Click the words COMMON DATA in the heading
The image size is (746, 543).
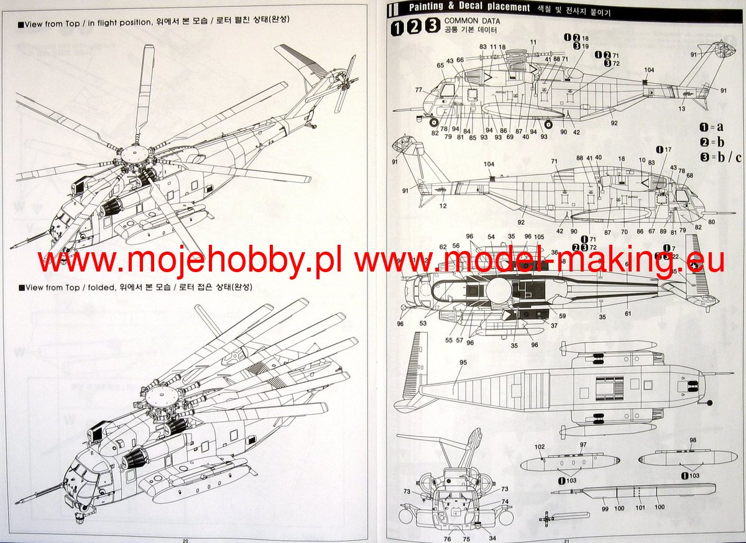pos(472,21)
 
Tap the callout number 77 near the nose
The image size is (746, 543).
pos(419,89)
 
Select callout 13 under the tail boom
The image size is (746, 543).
pos(682,109)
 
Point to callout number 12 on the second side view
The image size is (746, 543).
pos(425,206)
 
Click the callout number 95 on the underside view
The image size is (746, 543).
pos(463,362)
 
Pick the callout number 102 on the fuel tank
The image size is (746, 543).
pos(539,447)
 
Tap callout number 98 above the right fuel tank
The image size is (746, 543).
pos(693,440)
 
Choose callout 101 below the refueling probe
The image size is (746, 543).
pos(640,508)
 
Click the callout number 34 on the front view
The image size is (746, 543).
pos(492,538)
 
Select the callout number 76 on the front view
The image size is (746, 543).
pos(447,539)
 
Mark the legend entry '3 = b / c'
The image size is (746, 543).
pos(721,157)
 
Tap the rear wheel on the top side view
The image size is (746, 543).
pos(548,124)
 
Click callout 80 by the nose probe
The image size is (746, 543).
pos(711,222)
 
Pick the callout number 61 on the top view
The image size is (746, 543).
pos(628,314)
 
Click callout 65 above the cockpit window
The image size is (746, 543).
pos(440,65)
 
